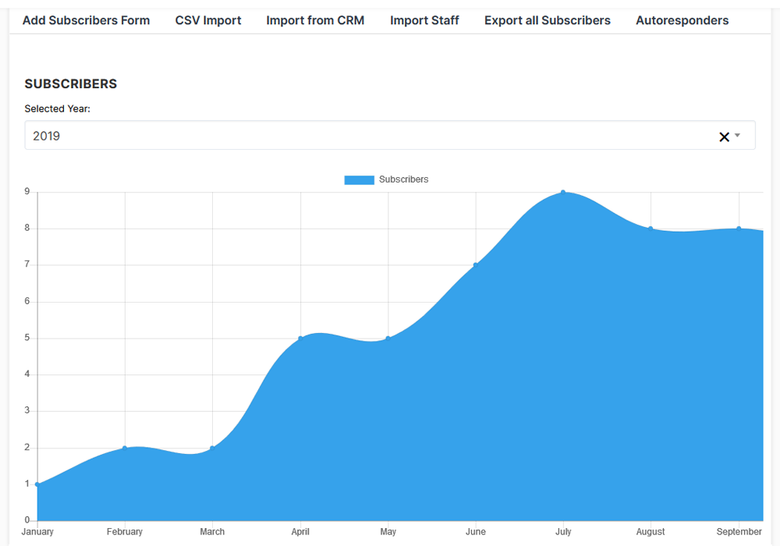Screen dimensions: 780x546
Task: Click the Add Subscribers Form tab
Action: coord(86,20)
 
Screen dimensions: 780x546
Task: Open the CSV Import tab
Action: coord(208,20)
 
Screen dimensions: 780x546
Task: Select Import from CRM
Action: coord(315,20)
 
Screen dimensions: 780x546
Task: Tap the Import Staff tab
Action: coord(424,20)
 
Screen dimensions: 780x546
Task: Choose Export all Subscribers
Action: coord(548,20)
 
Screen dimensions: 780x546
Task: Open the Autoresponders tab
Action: coord(682,20)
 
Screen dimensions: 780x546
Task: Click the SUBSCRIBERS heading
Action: coord(71,83)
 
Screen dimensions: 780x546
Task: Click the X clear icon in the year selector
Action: coord(724,136)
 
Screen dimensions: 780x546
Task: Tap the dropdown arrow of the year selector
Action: coord(737,135)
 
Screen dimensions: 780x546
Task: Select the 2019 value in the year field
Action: coord(46,136)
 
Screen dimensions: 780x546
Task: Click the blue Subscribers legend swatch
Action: coord(359,179)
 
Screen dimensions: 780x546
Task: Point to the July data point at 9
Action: coord(563,193)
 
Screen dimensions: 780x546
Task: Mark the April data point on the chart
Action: coord(300,339)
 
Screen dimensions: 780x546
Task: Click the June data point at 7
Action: coord(476,265)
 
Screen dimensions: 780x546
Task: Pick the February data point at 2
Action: coord(125,448)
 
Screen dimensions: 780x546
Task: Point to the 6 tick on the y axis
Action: coord(27,301)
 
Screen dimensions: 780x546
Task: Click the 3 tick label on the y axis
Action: coord(27,411)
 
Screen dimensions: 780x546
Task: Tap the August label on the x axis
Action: coord(651,532)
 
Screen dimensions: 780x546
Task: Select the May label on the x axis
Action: coord(388,532)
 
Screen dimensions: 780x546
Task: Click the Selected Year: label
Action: coord(57,109)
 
